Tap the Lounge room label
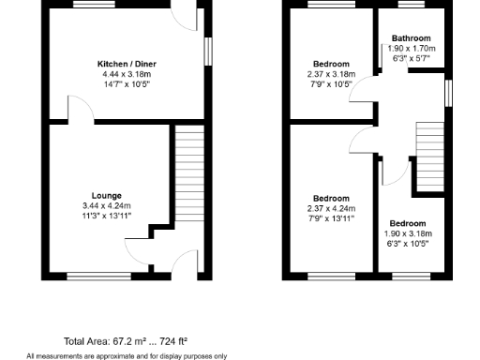[106, 196]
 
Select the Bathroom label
[410, 39]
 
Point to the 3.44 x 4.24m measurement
[106, 206]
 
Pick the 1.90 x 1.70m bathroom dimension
[410, 49]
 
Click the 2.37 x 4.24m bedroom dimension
[331, 208]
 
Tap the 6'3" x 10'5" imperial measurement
[408, 243]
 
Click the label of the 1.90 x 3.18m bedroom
[408, 224]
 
